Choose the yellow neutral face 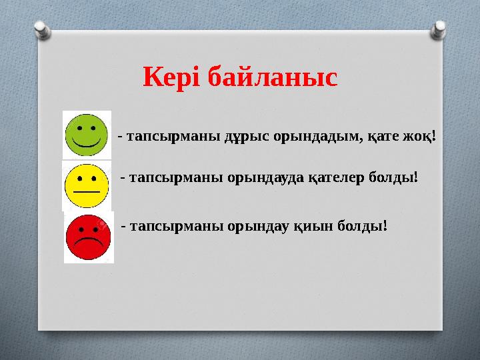point(86,185)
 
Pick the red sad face point(89,237)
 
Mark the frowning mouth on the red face point(89,243)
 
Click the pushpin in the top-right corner point(439,29)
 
